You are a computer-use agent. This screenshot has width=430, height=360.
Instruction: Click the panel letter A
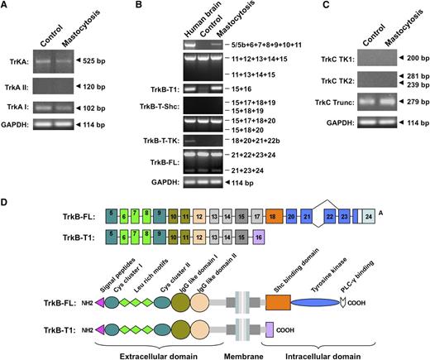pyautogui.click(x=7, y=7)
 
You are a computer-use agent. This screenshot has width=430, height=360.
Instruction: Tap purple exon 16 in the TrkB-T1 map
pyautogui.click(x=259, y=235)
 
